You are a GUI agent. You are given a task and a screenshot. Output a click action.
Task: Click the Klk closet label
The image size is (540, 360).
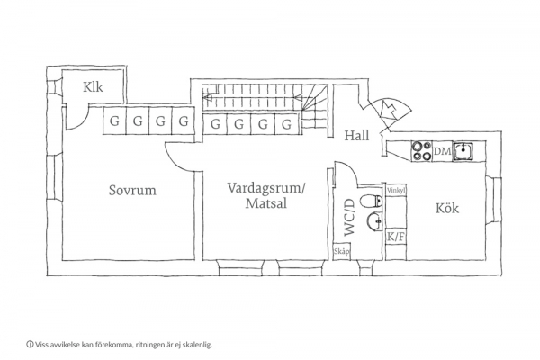tap(93, 87)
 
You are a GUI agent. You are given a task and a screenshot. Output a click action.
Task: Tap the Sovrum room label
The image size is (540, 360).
tap(132, 190)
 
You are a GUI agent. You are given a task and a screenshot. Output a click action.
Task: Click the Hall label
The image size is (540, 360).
tap(356, 135)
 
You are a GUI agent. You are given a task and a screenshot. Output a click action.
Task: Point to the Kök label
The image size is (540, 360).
tap(447, 208)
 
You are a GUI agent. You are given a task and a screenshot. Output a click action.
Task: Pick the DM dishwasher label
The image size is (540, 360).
tap(443, 151)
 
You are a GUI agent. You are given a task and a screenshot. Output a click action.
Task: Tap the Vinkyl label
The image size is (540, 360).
tap(396, 190)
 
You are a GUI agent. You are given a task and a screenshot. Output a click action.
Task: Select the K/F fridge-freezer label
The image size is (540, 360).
tap(396, 237)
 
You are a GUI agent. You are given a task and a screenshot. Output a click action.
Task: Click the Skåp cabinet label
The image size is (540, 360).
tap(342, 251)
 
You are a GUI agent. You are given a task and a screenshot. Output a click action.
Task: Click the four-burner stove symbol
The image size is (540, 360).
tap(422, 151)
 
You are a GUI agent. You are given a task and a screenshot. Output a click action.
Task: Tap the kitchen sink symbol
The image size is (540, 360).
tap(463, 151)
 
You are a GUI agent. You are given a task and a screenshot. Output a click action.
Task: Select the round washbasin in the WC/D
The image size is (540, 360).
tap(374, 220)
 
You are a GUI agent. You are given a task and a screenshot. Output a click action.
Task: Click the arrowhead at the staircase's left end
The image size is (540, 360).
tap(208, 98)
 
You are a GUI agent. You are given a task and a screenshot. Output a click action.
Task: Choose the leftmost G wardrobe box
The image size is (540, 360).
tap(114, 121)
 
